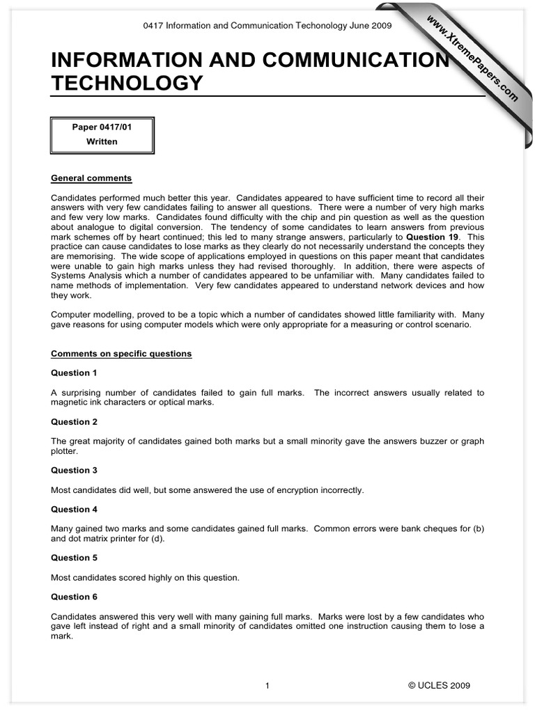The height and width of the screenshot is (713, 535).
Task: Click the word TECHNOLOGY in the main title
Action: tap(127, 84)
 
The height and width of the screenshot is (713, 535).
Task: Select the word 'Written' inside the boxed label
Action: tap(102, 141)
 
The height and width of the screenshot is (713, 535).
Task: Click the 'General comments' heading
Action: tap(91, 178)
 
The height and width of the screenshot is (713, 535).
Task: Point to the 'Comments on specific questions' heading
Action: tap(121, 354)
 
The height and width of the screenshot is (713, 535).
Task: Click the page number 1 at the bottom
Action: tap(267, 686)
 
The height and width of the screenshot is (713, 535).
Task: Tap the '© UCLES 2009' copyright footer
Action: tap(439, 686)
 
